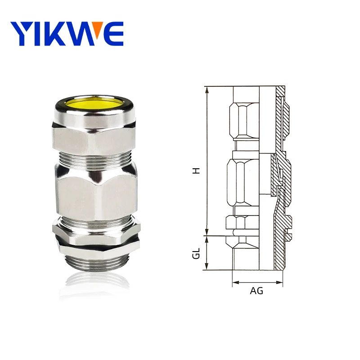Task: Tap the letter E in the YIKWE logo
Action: pyautogui.click(x=112, y=33)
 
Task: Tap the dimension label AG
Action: pyautogui.click(x=256, y=291)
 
